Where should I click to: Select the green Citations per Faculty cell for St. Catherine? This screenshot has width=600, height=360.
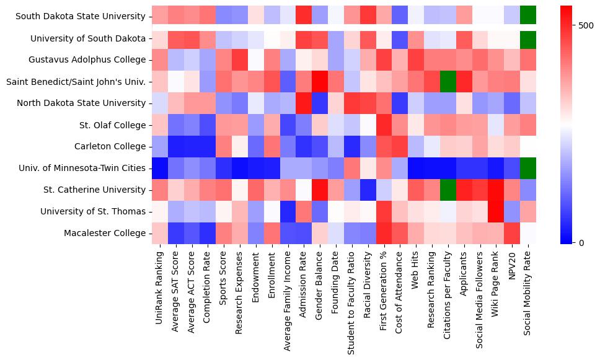click(447, 190)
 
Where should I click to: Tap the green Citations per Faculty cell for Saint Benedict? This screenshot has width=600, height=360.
click(447, 81)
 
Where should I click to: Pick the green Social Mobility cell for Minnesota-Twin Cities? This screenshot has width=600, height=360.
click(528, 168)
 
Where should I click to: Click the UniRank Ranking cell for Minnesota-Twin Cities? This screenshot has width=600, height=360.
click(159, 168)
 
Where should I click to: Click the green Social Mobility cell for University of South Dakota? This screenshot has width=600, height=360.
click(528, 38)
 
